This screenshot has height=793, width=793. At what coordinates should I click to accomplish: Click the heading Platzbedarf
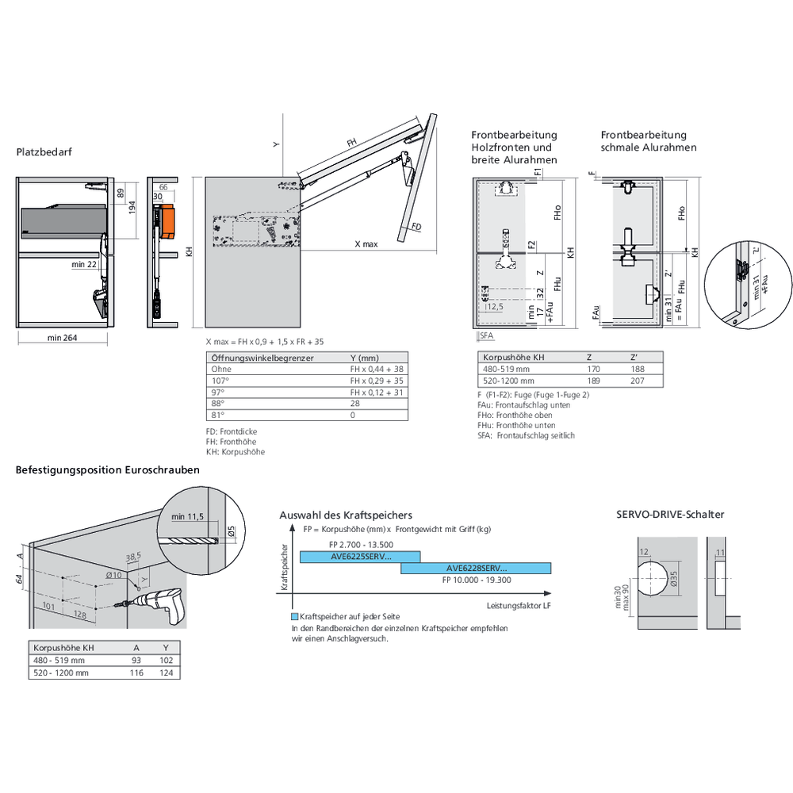click(44, 151)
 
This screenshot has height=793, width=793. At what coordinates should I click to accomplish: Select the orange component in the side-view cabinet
click(166, 221)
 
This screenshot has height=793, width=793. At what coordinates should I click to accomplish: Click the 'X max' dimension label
click(366, 245)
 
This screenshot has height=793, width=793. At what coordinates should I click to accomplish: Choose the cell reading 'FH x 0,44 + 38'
click(377, 369)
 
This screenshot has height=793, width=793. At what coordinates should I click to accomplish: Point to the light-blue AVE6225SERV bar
click(360, 557)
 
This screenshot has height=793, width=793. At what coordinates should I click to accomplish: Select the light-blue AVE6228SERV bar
click(476, 568)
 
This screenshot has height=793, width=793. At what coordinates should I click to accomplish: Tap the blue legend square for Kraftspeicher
click(294, 616)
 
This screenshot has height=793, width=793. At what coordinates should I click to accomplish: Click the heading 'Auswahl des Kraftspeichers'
click(346, 515)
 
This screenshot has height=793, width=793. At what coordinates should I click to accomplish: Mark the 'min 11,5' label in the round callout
click(187, 517)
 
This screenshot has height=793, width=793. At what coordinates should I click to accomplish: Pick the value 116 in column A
click(136, 672)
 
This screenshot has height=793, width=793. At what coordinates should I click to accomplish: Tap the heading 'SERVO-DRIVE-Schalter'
click(670, 514)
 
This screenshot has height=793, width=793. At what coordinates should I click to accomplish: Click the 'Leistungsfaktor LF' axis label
click(520, 606)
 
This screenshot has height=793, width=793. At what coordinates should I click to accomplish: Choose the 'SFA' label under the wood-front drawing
click(486, 336)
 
